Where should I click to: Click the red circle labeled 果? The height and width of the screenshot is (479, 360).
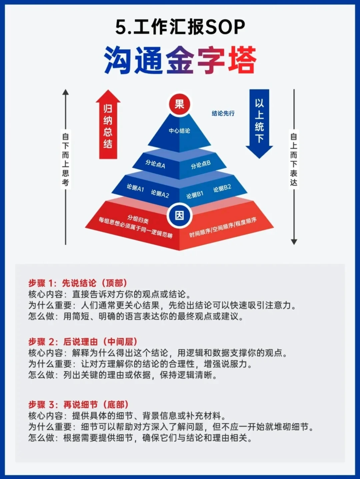click(179, 104)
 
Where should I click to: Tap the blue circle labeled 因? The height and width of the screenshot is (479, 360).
click(179, 215)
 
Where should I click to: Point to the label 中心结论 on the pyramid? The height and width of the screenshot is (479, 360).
click(179, 131)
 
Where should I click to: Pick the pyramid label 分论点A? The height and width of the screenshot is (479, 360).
click(155, 164)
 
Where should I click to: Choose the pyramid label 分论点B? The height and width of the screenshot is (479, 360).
click(201, 164)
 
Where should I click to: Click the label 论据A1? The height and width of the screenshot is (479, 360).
click(135, 188)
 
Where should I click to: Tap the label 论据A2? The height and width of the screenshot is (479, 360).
click(160, 193)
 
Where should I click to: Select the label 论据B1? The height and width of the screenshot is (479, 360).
click(195, 195)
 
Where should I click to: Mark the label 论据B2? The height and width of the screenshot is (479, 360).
click(222, 188)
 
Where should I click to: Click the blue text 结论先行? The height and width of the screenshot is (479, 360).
click(223, 113)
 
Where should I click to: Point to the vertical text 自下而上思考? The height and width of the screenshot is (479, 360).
click(65, 159)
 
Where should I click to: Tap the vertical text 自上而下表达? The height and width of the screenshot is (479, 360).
click(294, 159)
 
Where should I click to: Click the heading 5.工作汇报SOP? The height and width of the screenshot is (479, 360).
click(180, 27)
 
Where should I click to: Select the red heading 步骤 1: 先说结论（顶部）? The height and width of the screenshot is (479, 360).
click(78, 283)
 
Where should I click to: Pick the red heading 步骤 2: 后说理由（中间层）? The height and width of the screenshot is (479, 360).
click(83, 342)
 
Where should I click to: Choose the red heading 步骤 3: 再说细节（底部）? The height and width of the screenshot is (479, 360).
click(78, 405)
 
